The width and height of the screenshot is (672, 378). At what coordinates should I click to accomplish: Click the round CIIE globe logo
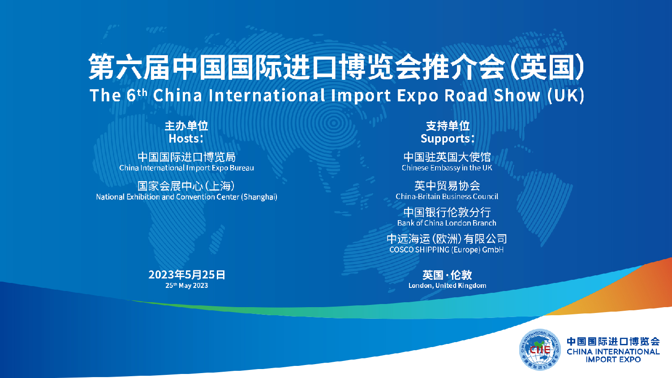[540, 350]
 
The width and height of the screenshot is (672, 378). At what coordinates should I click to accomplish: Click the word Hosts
[185, 139]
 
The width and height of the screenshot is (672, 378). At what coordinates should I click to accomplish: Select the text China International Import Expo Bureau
[186, 168]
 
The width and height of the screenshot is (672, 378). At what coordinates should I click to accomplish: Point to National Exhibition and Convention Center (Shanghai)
[186, 197]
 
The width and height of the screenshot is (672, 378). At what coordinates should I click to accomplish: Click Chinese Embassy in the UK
[447, 168]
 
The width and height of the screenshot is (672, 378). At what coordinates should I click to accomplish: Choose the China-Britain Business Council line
[447, 196]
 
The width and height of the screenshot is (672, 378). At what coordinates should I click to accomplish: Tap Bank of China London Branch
[447, 223]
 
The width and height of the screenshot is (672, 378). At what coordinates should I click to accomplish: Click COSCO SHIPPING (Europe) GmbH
[447, 250]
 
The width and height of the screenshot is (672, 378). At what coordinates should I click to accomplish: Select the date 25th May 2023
[186, 286]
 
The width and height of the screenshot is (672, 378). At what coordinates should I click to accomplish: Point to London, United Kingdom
[447, 286]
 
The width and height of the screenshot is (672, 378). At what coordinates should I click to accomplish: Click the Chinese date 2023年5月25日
[187, 274]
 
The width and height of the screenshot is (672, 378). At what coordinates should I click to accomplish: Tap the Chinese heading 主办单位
[186, 126]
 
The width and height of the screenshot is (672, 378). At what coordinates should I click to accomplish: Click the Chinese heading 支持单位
[448, 126]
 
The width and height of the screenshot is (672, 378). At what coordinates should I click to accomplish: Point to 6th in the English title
[137, 95]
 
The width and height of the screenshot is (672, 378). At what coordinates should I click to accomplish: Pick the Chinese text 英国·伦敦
[447, 274]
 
